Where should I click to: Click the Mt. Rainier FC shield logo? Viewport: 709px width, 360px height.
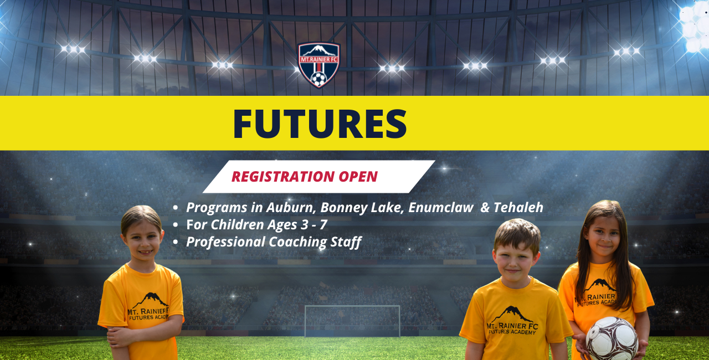point(318,65)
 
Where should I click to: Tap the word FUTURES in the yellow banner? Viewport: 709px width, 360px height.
point(320,124)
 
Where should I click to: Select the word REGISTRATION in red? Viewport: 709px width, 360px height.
point(282,177)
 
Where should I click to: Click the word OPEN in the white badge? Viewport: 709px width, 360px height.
point(358,177)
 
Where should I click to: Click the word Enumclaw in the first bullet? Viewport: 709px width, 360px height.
point(440,208)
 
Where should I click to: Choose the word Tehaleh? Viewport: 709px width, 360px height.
point(518,208)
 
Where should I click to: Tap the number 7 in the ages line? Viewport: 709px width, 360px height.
point(323,225)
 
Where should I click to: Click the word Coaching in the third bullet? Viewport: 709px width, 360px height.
point(297,242)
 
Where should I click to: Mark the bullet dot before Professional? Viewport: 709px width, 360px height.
point(176,243)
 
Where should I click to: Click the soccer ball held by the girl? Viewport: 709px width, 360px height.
point(612,339)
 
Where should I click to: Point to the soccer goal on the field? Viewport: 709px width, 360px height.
point(352,321)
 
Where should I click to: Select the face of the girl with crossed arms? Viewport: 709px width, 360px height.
point(142,241)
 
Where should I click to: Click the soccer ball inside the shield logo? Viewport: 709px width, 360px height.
point(318,79)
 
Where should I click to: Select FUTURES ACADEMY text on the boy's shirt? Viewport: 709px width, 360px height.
point(512,332)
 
